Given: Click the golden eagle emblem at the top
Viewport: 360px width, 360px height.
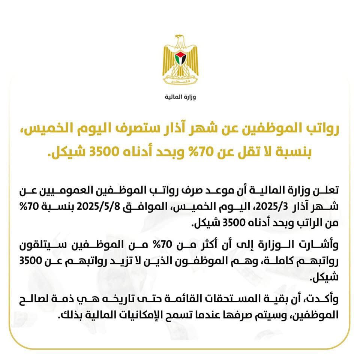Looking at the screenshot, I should [x=180, y=60].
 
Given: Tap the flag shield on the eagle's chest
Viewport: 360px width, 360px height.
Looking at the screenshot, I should [x=180, y=58].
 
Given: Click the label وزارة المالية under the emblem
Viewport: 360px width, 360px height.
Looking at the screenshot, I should [x=180, y=97].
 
